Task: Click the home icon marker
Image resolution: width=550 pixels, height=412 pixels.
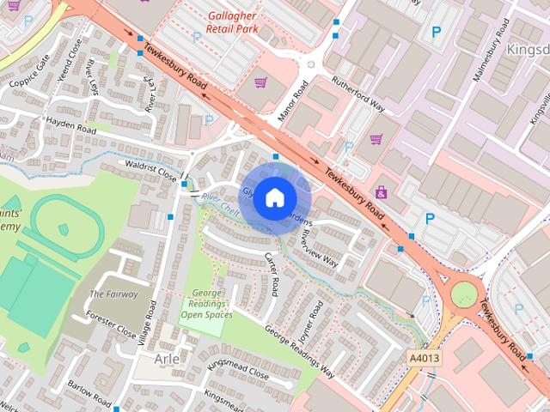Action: (274, 197)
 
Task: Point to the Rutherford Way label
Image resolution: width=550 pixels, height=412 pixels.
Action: (358, 93)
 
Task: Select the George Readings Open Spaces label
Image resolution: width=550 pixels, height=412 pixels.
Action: (206, 304)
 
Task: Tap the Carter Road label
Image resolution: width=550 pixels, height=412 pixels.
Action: (271, 275)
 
